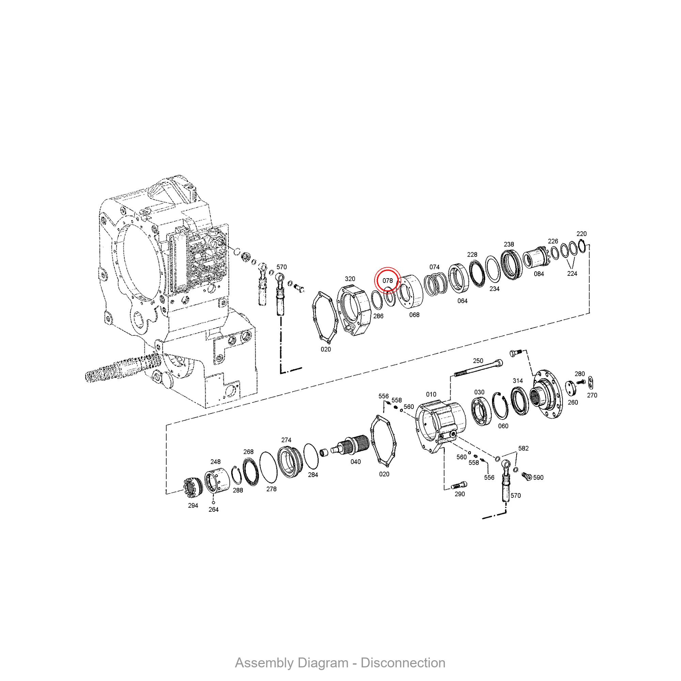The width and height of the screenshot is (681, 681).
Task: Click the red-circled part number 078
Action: click(387, 281)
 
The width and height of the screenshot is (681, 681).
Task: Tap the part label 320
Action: click(350, 279)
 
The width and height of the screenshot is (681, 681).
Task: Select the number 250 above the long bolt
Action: click(478, 361)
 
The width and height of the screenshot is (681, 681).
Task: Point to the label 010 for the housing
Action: click(431, 394)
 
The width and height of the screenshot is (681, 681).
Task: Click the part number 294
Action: click(193, 505)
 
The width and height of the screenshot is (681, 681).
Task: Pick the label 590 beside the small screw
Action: click(538, 478)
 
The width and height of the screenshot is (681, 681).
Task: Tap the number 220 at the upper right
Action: click(582, 234)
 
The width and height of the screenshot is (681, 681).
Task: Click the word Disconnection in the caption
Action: click(403, 663)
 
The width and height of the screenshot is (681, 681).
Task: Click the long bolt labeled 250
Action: click(478, 368)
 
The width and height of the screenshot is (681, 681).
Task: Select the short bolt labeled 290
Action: click(459, 485)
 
